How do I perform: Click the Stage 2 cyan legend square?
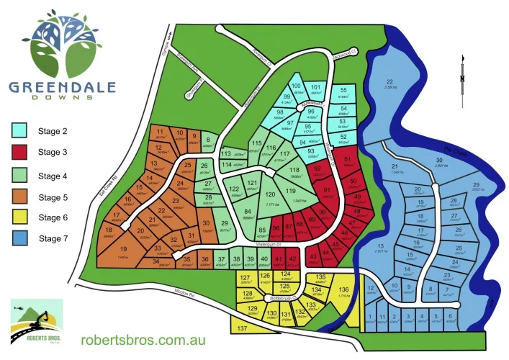click(19, 130)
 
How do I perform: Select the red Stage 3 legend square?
click(19, 152)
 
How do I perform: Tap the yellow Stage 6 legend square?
click(19, 217)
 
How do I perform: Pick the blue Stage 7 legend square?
click(19, 238)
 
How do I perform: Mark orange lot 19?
click(123, 251)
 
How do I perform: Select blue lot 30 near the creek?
click(438, 162)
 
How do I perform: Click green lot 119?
click(291, 192)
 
